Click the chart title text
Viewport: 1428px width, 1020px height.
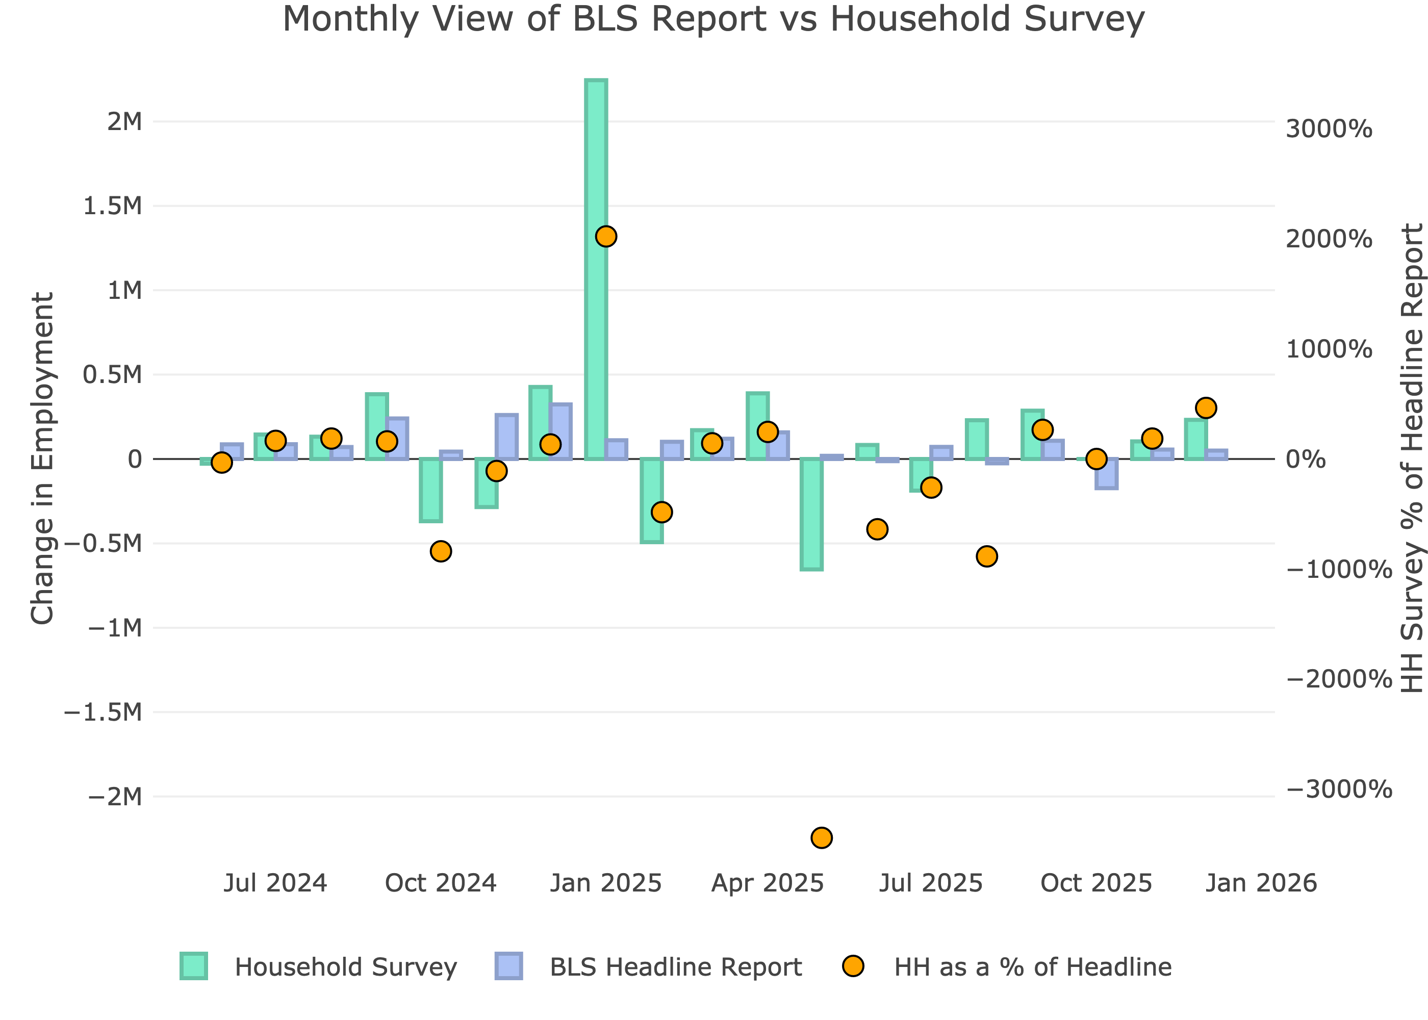(x=713, y=19)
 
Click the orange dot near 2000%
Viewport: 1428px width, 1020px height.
(x=606, y=237)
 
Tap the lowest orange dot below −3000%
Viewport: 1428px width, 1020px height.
(x=822, y=837)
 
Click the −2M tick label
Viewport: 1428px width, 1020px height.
(x=115, y=797)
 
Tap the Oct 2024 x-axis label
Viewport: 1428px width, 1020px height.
(x=440, y=883)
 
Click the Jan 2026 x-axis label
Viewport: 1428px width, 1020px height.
(x=1261, y=883)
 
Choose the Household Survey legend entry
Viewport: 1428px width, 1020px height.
(x=345, y=967)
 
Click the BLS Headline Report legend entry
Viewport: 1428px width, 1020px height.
(x=675, y=967)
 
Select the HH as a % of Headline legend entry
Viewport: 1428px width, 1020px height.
(x=1032, y=967)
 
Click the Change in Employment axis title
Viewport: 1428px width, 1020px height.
(x=43, y=458)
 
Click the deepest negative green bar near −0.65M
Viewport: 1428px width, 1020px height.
(x=811, y=514)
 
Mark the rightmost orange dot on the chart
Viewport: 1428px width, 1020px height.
(x=1206, y=408)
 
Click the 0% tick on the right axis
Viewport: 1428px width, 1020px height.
(x=1306, y=460)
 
